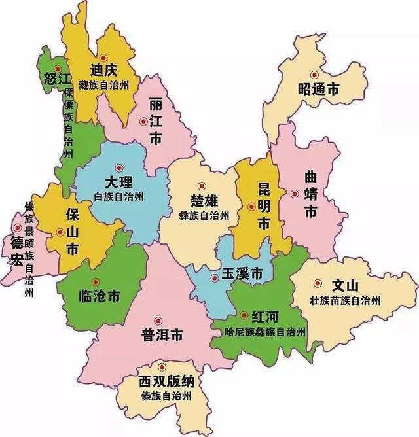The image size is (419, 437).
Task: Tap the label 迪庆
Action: pos(105,70)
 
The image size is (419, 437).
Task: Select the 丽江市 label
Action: pos(156,122)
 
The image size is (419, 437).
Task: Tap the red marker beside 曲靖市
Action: pos(295,194)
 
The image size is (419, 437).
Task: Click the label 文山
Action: pos(345,286)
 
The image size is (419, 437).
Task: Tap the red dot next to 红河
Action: pos(244,315)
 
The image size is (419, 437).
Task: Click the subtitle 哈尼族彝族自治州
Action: pos(264,332)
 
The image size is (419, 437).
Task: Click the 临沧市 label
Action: pos(99,296)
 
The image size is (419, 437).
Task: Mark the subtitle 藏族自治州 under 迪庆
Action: pos(109,85)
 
